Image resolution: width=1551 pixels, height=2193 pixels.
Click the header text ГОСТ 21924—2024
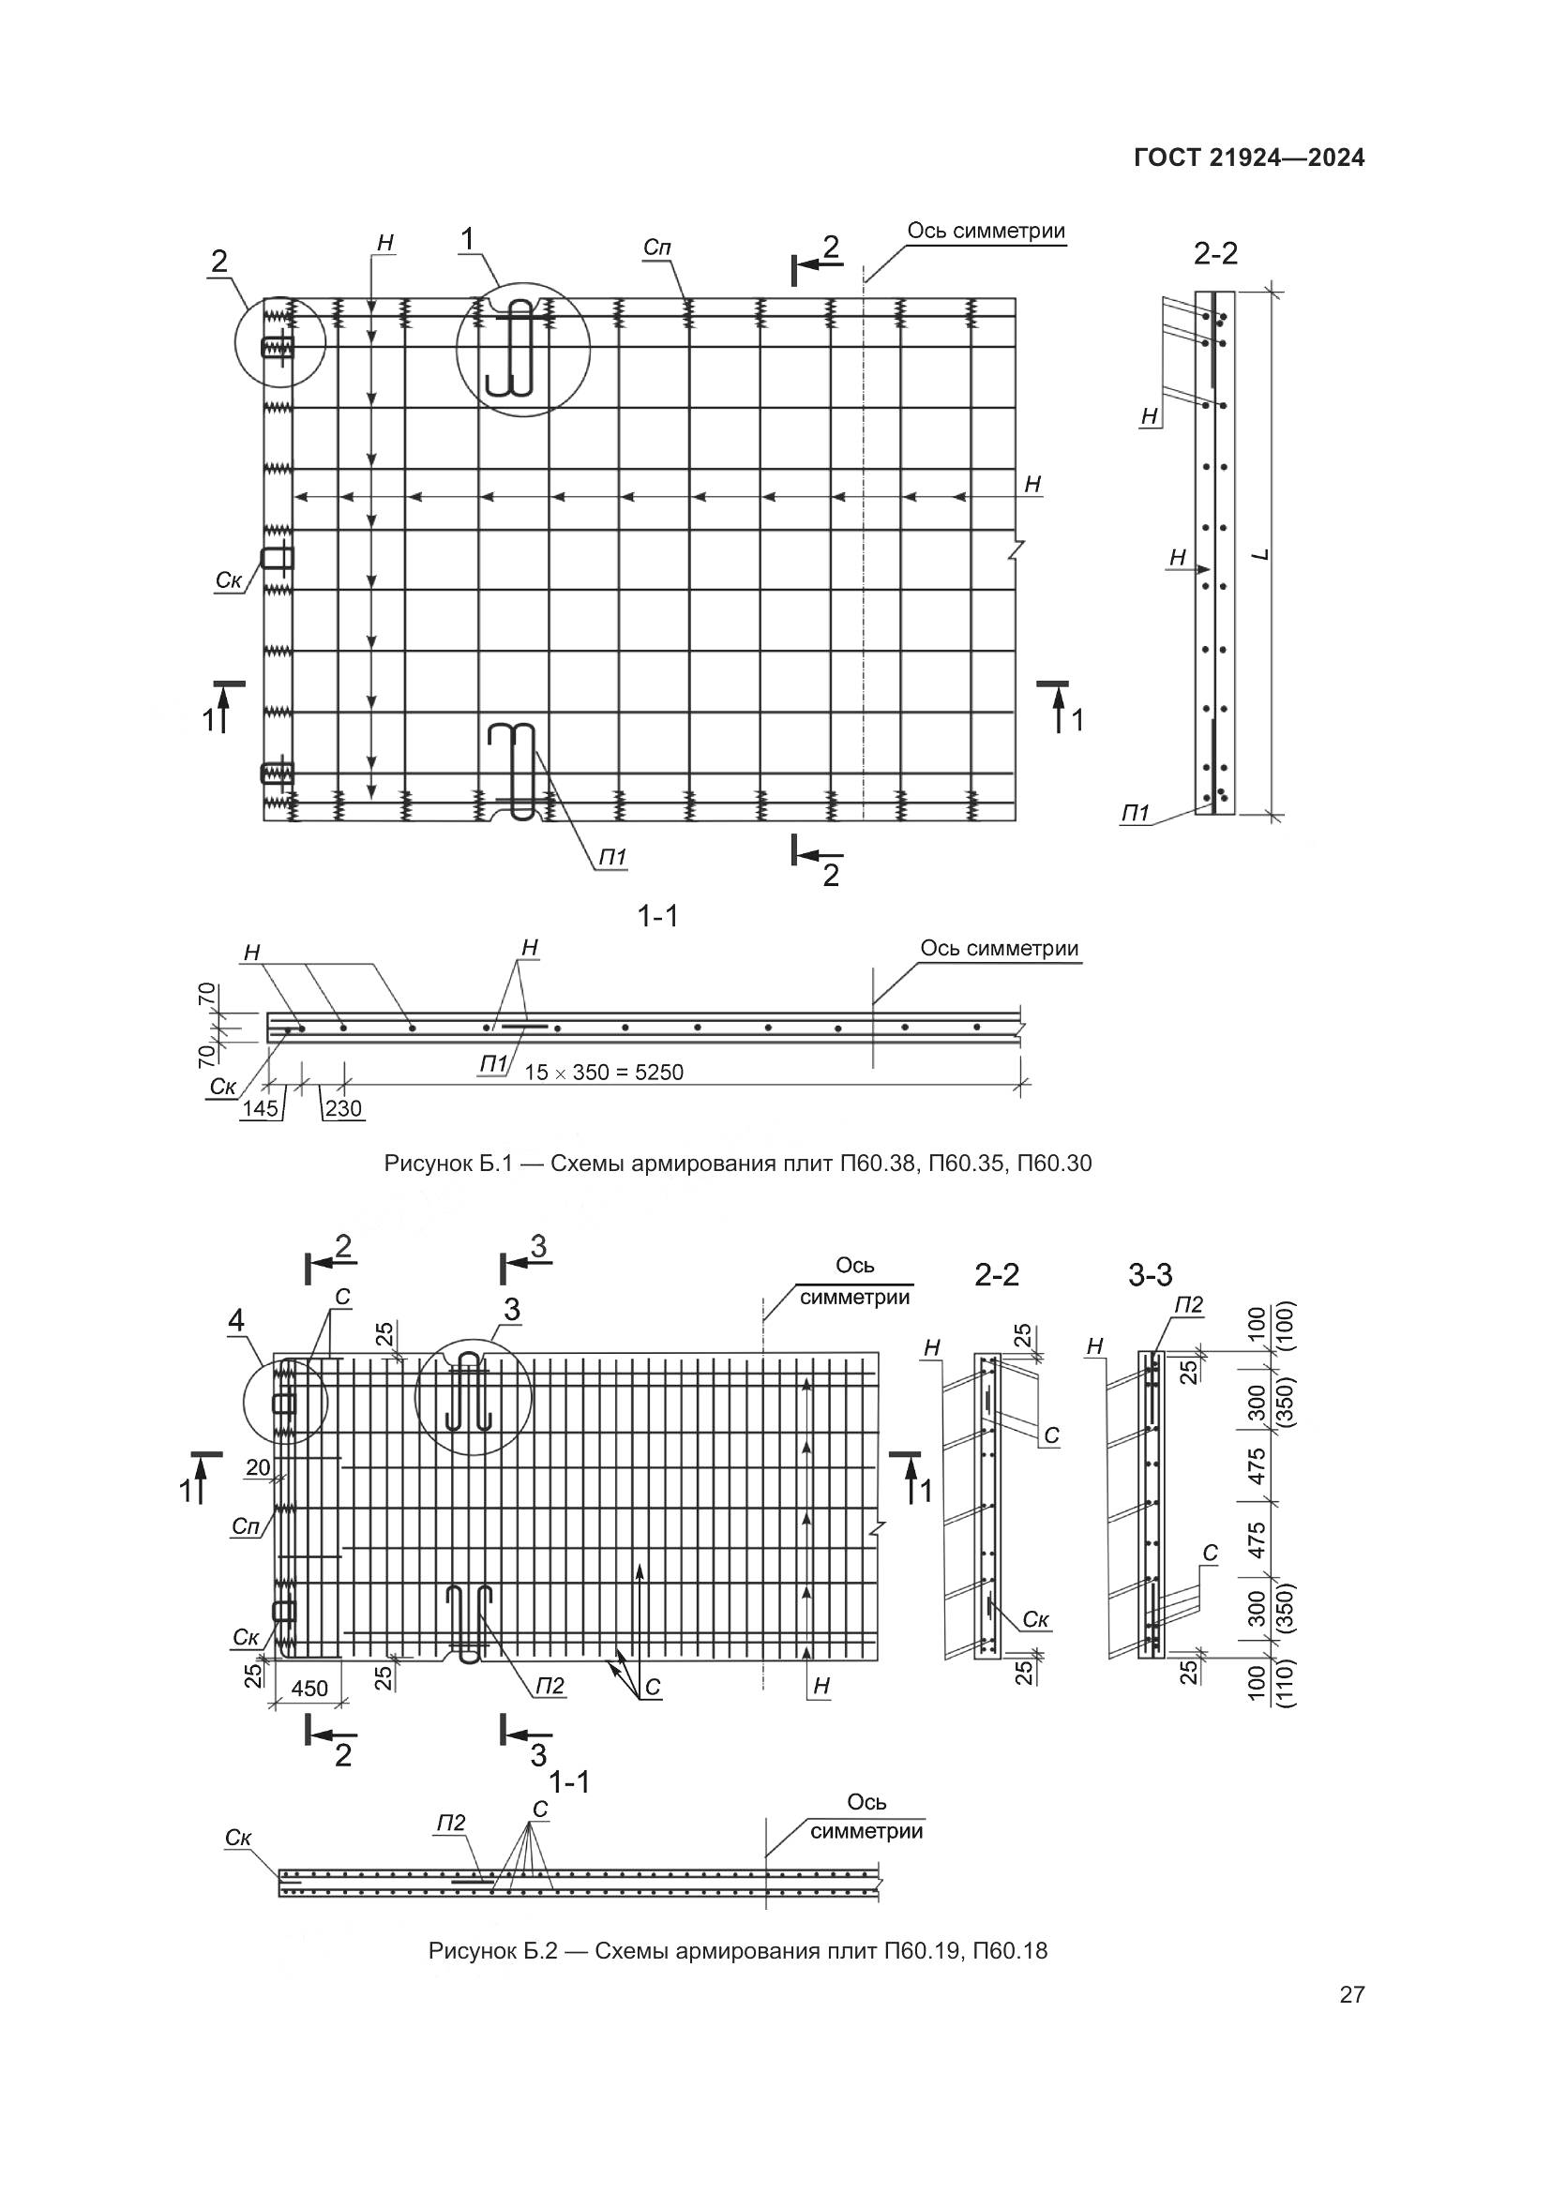(1248, 158)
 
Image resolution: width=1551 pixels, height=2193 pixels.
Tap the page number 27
(1351, 1994)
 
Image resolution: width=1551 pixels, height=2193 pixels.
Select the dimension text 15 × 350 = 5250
(604, 1073)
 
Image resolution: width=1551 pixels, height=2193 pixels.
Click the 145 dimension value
(260, 1109)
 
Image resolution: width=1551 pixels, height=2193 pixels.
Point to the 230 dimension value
(344, 1109)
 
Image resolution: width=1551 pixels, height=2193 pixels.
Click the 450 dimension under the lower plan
(309, 1689)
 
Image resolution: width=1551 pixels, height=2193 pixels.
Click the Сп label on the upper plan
(656, 248)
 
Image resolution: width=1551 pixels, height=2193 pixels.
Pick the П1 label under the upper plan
(612, 858)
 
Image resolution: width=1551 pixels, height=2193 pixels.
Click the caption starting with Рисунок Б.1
(737, 1164)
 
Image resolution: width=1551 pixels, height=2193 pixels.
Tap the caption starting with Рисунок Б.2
(737, 1950)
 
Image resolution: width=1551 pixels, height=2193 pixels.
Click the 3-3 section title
(1150, 1274)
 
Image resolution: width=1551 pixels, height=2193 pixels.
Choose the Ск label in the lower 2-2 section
(1036, 1619)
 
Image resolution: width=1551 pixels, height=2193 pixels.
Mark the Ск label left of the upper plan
(227, 580)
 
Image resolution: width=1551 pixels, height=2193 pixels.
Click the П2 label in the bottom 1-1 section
(451, 1824)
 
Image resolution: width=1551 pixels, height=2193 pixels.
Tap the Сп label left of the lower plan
(246, 1527)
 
